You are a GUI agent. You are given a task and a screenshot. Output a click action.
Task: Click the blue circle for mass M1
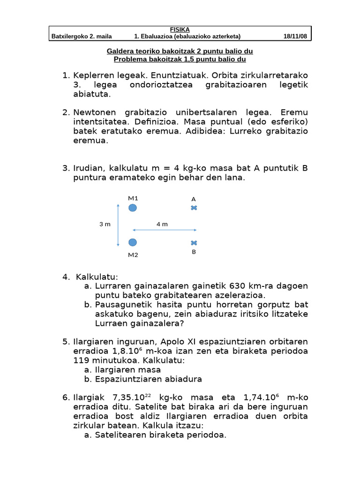[x=133, y=208]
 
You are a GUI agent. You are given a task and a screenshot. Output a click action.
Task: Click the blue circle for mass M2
[x=133, y=242]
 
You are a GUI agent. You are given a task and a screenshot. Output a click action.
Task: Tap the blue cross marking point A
[x=194, y=208]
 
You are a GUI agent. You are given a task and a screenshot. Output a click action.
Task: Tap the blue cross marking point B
[x=194, y=243]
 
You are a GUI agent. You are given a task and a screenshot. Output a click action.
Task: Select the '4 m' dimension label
[x=162, y=224]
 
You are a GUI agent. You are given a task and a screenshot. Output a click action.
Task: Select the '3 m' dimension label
[x=105, y=224]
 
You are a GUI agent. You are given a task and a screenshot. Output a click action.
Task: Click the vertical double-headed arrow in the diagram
[x=118, y=225]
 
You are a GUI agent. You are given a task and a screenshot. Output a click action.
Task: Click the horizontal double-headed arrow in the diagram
[x=165, y=230]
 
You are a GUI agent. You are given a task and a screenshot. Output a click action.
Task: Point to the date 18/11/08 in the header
[x=295, y=37]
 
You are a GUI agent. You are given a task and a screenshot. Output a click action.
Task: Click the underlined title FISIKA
[x=180, y=30]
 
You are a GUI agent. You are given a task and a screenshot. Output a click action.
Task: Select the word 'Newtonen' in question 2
[x=94, y=112]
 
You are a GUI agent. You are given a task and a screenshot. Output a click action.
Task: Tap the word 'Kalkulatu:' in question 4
[x=97, y=277]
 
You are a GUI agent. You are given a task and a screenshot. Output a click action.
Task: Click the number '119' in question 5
[x=82, y=360]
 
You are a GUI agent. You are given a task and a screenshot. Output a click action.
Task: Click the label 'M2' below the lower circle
[x=133, y=255]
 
